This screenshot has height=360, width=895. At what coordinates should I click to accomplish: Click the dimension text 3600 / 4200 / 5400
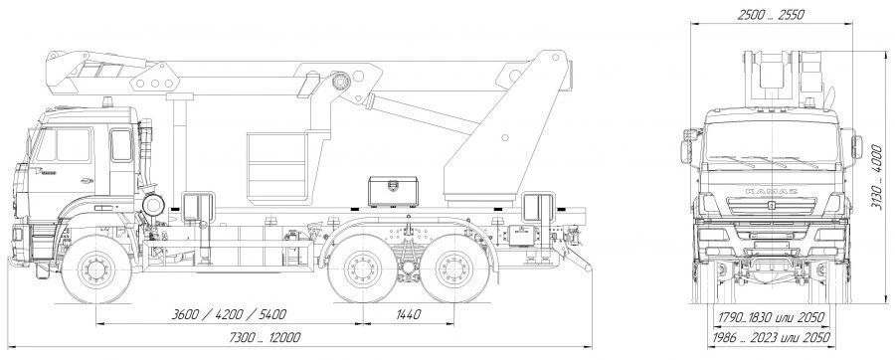tap(229, 314)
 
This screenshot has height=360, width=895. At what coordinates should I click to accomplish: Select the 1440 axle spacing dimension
tap(408, 314)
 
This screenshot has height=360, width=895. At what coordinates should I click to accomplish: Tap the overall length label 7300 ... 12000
tap(265, 337)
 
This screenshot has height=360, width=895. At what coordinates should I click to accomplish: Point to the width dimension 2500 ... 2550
tap(771, 15)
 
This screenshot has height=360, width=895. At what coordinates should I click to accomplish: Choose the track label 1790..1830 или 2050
tap(771, 317)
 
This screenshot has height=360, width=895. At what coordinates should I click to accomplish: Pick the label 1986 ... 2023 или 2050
tap(771, 337)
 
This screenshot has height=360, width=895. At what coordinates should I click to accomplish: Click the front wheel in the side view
tap(95, 269)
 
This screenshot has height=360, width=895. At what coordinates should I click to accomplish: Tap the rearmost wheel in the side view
tap(454, 269)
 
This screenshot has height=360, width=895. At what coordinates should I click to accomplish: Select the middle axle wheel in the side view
tap(363, 269)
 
